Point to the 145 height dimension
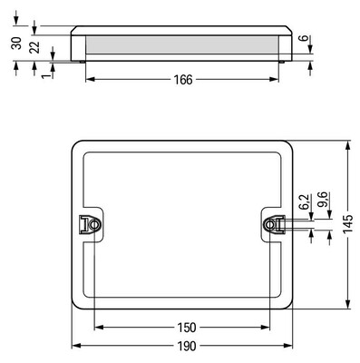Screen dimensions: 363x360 point(348,224)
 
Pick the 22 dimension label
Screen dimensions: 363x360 point(34,47)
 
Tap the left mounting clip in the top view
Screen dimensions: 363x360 point(91,223)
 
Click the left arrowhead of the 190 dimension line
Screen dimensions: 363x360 point(74,347)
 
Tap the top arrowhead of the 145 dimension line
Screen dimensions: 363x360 point(348,143)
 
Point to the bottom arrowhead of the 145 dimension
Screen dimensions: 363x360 point(348,304)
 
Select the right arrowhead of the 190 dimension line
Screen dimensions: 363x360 point(292,347)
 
